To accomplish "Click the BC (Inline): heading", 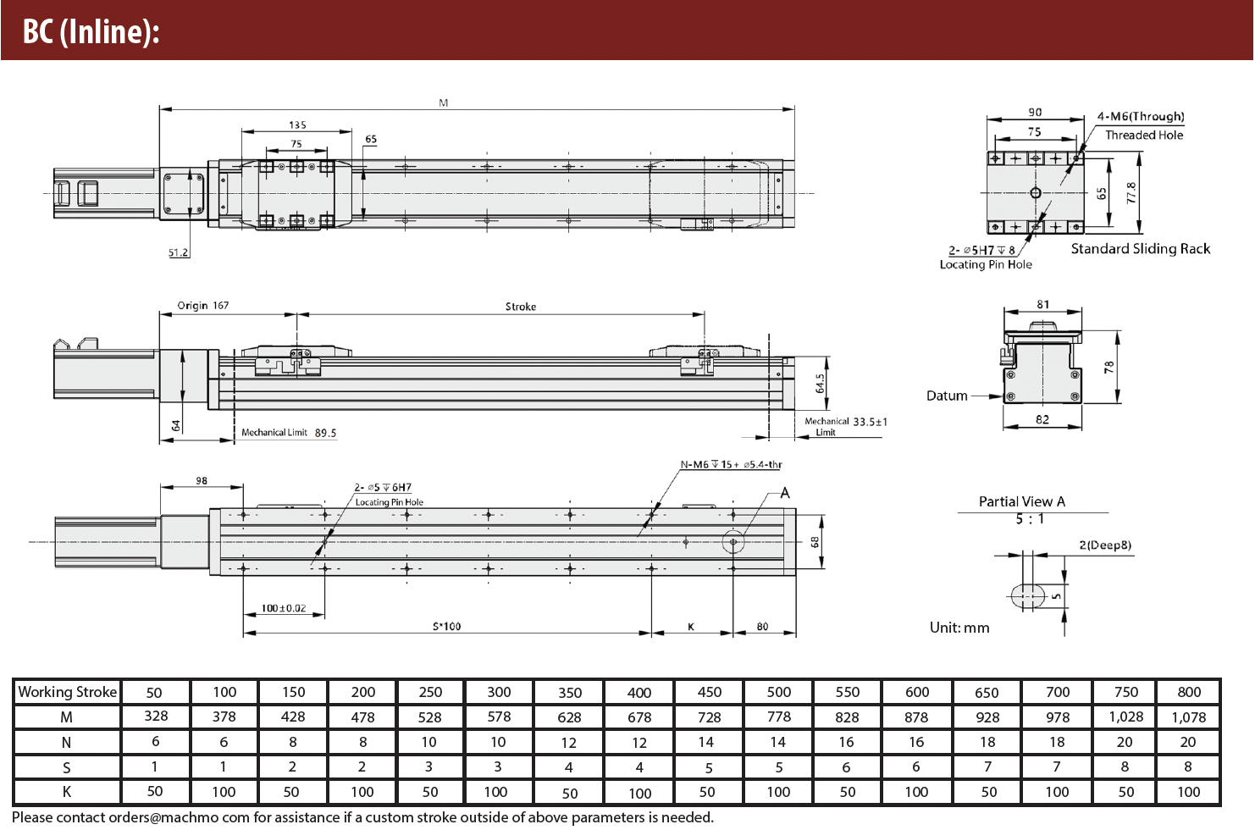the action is [91, 31].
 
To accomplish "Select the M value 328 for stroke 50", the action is [156, 717].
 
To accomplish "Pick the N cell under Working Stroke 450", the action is [706, 742].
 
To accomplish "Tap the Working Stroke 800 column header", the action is [1189, 692].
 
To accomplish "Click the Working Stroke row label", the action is [67, 692].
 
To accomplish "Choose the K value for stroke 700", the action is [1057, 792].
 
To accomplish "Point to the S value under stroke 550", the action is [846, 766].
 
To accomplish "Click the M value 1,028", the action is [1126, 717].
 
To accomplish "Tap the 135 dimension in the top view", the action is [297, 125].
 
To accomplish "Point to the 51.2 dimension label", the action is [179, 252].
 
